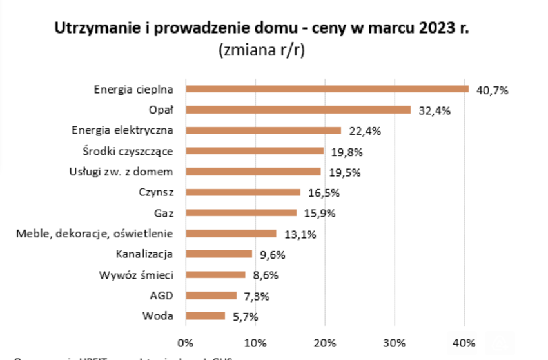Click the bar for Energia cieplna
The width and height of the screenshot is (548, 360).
327,89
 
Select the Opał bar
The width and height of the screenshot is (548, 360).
298,110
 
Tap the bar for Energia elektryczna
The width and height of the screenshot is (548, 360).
263,130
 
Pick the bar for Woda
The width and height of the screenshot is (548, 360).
205,316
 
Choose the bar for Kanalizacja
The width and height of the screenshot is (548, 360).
219,254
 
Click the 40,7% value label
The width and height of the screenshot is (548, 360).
492,90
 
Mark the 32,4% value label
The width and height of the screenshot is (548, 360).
435,111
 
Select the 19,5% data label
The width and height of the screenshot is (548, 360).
344,173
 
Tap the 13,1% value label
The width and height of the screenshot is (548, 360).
300,235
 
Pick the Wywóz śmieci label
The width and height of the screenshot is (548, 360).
136,274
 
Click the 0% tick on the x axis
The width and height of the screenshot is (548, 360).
185,341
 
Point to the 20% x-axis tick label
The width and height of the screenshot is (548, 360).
325,341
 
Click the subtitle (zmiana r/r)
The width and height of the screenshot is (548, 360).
262,50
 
